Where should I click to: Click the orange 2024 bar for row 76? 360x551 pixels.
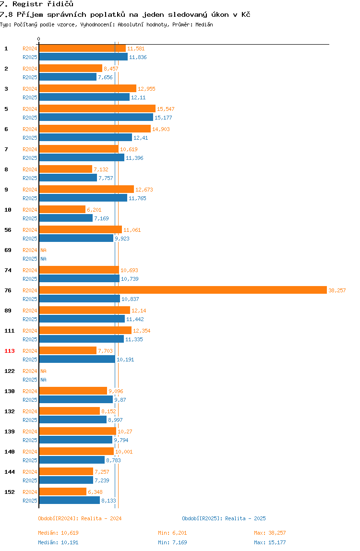coord(183,290)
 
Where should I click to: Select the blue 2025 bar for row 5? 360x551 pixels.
coord(96,118)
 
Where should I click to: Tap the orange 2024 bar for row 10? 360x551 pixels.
coord(62,209)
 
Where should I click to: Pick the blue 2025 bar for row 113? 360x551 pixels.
coord(77,359)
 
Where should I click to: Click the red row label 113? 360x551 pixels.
coord(10,351)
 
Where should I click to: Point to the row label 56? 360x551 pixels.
coord(8,230)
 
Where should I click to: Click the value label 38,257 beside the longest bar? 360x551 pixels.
coord(337,290)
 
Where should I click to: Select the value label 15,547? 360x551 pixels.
coord(166,109)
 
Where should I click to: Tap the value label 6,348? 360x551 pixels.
coord(95,492)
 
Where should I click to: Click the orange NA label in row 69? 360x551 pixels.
coord(43,250)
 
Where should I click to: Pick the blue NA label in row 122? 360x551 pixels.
coord(43,380)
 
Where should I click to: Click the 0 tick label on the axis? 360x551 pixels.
coord(39,39)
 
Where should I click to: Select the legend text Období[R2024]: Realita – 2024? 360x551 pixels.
coord(80,518)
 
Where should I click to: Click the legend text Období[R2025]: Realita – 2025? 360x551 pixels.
coord(224,518)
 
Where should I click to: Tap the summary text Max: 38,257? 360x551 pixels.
coord(270,533)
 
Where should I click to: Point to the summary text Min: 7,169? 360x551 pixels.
coord(173,542)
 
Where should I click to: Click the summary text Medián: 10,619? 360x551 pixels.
coord(59,533)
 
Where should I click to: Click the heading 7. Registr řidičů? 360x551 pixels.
coord(36,4)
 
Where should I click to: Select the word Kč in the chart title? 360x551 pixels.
coord(246,14)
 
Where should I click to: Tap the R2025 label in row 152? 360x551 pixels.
coord(30,501)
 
